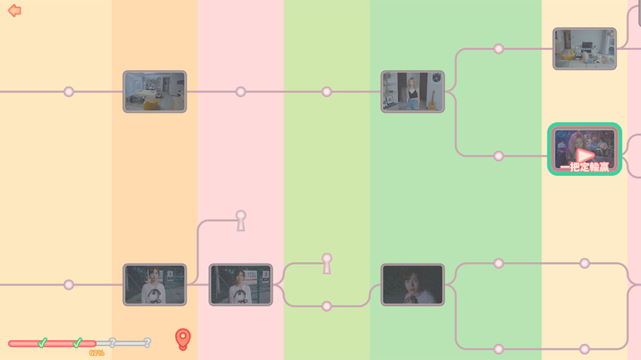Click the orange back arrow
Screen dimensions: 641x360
[x=14, y=11]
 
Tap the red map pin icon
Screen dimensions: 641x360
[x=183, y=339]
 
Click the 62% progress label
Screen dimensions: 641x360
[x=97, y=353]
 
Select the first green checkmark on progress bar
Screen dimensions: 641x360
[x=42, y=343]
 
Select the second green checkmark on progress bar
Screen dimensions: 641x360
[x=78, y=343]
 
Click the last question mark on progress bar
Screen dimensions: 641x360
[x=147, y=343]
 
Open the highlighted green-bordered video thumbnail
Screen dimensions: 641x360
[x=585, y=149]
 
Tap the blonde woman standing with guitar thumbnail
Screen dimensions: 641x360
[x=412, y=92]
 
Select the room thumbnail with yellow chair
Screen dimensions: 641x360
[x=154, y=92]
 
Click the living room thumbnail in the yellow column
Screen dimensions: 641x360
[x=585, y=49]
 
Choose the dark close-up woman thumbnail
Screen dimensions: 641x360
[x=412, y=284]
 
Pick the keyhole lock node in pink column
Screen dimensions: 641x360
[x=241, y=220]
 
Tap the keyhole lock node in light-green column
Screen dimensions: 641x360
[x=327, y=263]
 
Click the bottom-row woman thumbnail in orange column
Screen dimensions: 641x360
[x=154, y=284]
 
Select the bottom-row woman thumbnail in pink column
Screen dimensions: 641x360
[x=240, y=284]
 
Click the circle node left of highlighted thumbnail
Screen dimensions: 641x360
[x=498, y=156]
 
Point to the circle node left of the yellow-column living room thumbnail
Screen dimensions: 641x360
[x=498, y=49]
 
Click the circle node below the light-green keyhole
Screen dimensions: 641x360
[x=327, y=306]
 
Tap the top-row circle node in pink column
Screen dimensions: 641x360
[x=241, y=92]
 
